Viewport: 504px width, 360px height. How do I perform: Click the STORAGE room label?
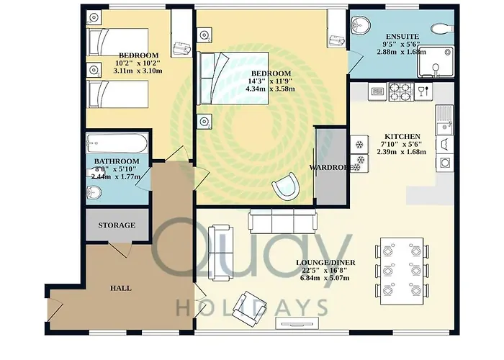pos(117,225)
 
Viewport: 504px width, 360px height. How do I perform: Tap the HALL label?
pos(120,288)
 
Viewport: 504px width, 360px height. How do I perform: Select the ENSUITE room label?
pos(402,37)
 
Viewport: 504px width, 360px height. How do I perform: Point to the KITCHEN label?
pos(402,137)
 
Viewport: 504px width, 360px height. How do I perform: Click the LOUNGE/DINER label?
pos(325,263)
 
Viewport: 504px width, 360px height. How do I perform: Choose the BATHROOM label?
pos(117,161)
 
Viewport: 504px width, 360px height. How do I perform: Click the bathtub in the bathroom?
pos(117,143)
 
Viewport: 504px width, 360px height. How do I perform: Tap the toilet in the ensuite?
pos(443,29)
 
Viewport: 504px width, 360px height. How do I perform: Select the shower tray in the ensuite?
pos(436,62)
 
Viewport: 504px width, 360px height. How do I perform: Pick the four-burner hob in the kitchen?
pos(401,91)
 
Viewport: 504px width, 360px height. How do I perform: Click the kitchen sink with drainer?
pos(444,120)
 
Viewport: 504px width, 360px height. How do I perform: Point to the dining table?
pos(402,271)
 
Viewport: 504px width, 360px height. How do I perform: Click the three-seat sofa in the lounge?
pos(282,221)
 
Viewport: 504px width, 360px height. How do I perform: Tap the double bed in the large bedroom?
pos(234,78)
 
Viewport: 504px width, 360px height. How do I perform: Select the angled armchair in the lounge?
pos(249,306)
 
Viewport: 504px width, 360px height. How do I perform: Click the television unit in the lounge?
pos(297,323)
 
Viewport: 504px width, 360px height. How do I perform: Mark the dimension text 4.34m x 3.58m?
pos(270,89)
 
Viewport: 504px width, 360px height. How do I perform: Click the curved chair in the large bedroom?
pos(285,186)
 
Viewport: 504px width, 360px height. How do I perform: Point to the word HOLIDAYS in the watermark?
pos(253,307)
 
